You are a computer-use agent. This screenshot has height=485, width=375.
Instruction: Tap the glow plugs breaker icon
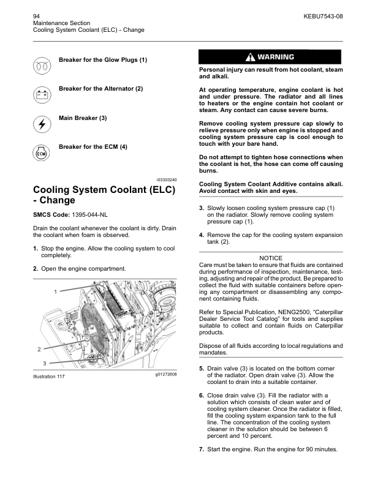tap(42, 65)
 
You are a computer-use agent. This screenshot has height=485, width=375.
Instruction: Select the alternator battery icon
tap(42, 94)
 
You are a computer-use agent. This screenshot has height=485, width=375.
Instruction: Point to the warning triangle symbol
tap(250, 57)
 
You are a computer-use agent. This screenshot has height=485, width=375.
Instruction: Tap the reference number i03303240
tap(164, 179)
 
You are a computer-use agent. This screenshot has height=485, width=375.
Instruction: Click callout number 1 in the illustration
tap(55, 291)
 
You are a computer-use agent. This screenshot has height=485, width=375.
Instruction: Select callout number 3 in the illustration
tap(45, 363)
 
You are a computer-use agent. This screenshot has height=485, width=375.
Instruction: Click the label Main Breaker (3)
tap(83, 118)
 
